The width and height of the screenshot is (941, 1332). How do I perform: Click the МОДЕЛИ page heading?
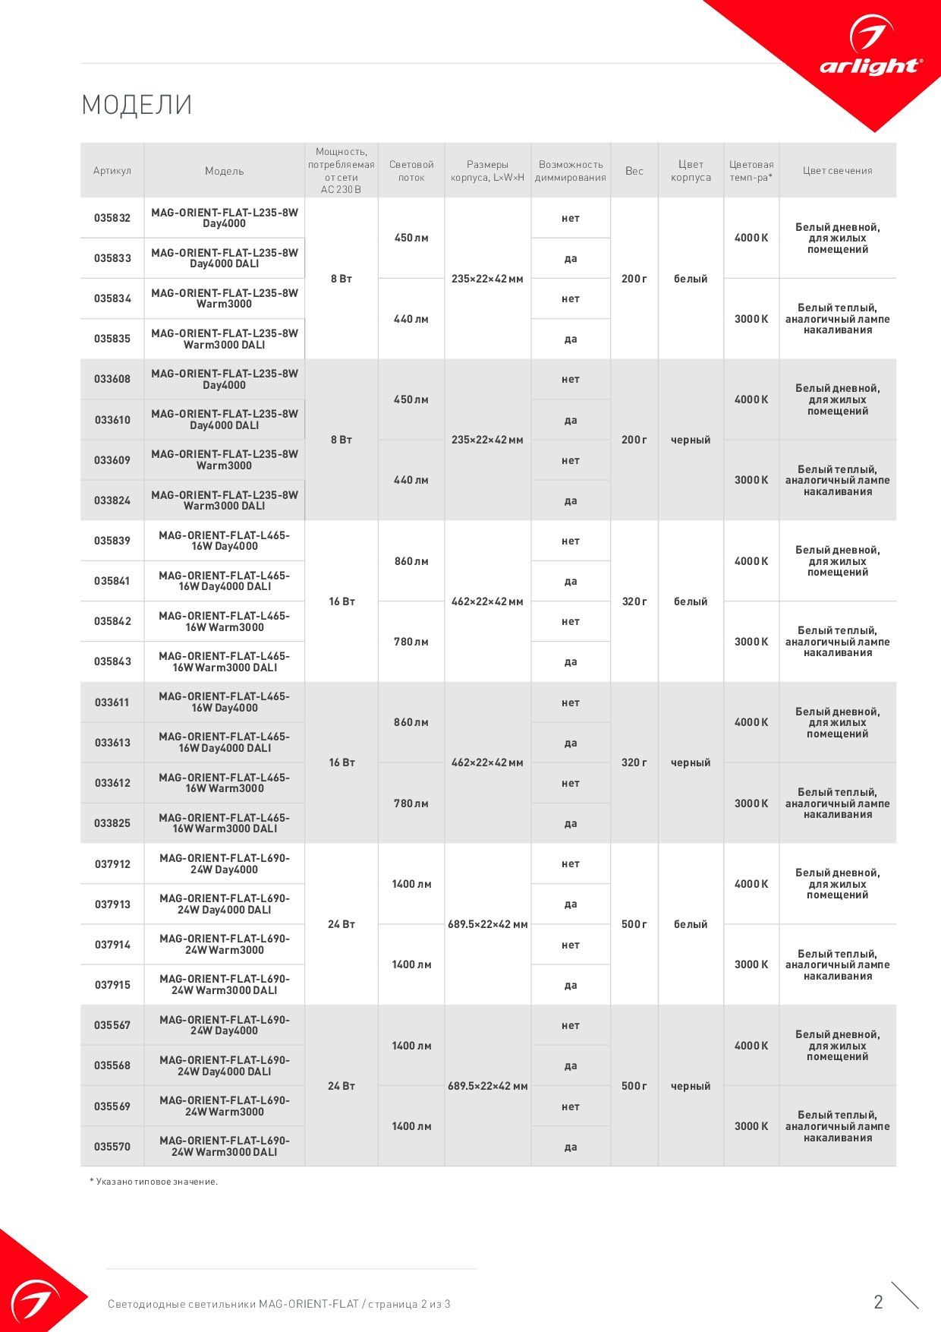pyautogui.click(x=137, y=105)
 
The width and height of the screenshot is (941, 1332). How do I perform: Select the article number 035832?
pyautogui.click(x=112, y=218)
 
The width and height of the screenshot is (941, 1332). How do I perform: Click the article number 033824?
pyautogui.click(x=112, y=500)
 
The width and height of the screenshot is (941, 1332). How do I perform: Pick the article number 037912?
pyautogui.click(x=112, y=864)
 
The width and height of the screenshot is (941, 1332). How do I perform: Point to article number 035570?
pyautogui.click(x=112, y=1147)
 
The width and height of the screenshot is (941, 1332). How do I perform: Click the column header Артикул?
pyautogui.click(x=112, y=171)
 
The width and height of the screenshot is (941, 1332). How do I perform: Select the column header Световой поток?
pyautogui.click(x=411, y=171)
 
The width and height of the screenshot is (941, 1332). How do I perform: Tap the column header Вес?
pyautogui.click(x=634, y=171)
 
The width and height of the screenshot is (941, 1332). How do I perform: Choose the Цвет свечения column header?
pyautogui.click(x=837, y=171)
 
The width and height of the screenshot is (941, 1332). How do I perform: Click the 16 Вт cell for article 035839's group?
pyautogui.click(x=341, y=601)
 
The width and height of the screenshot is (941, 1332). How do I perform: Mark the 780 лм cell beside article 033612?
pyautogui.click(x=411, y=803)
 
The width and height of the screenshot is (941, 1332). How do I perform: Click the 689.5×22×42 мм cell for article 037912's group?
pyautogui.click(x=487, y=924)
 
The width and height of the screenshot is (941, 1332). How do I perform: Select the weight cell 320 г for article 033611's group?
pyautogui.click(x=634, y=762)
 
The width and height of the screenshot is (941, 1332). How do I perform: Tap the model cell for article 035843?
pyautogui.click(x=225, y=661)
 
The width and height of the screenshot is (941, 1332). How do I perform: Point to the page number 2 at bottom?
pyautogui.click(x=878, y=1302)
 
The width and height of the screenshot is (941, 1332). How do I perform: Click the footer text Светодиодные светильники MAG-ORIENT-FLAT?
pyautogui.click(x=233, y=1304)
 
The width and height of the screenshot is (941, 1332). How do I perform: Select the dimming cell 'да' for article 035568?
pyautogui.click(x=571, y=1066)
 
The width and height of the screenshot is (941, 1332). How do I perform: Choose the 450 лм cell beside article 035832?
pyautogui.click(x=411, y=238)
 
